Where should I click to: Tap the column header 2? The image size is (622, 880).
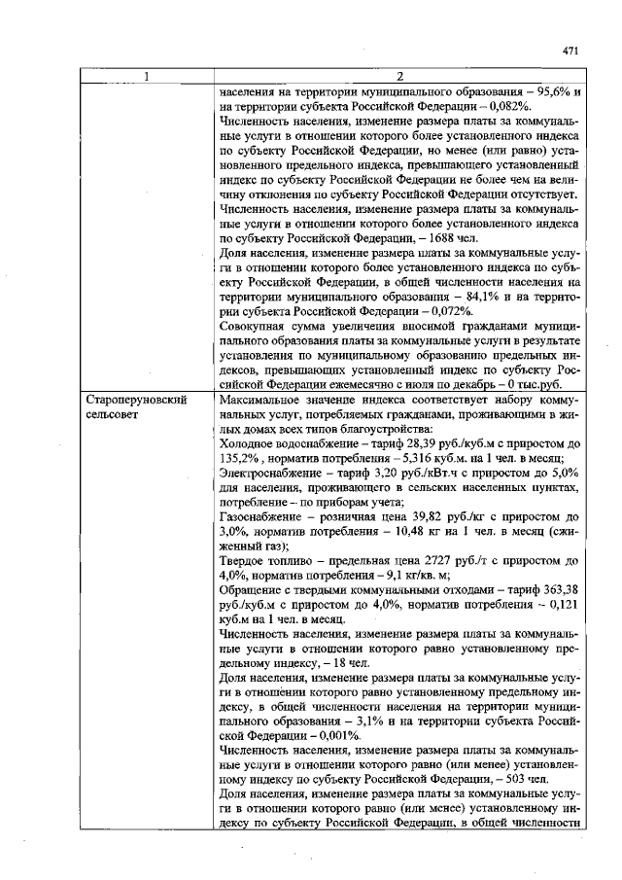tap(400, 77)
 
